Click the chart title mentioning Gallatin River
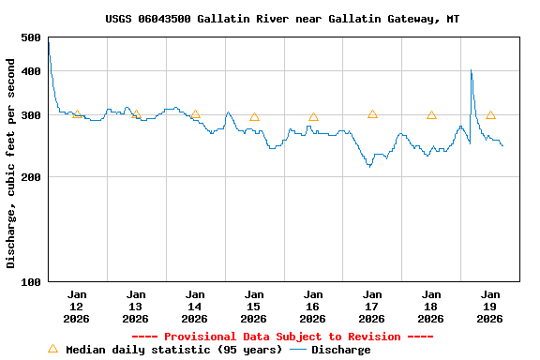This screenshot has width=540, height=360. (x=282, y=19)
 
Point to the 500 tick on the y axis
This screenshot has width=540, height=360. (x=30, y=37)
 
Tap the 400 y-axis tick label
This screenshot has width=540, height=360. (x=30, y=71)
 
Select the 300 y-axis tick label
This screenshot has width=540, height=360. (x=30, y=115)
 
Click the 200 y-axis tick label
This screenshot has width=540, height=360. (x=30, y=177)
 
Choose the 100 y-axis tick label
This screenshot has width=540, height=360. (x=30, y=282)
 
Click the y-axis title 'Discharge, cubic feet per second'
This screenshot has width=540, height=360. (x=11, y=163)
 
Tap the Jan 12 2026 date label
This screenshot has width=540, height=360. (x=77, y=307)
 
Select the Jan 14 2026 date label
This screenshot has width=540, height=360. (x=195, y=307)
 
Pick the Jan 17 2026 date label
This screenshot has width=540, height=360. (x=372, y=307)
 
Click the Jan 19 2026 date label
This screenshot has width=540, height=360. (x=490, y=307)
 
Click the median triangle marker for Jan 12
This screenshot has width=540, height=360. (x=77, y=113)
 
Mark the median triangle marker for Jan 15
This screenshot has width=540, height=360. (x=254, y=117)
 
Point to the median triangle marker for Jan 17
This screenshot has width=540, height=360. (x=372, y=114)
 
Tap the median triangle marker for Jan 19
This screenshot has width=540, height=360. (x=490, y=115)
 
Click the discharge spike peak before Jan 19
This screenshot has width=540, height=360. (x=471, y=70)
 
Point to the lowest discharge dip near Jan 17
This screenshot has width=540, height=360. (x=369, y=166)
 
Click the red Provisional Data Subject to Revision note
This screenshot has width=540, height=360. (x=282, y=337)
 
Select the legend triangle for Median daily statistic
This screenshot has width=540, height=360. (x=52, y=349)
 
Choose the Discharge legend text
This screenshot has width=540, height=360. (x=340, y=350)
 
